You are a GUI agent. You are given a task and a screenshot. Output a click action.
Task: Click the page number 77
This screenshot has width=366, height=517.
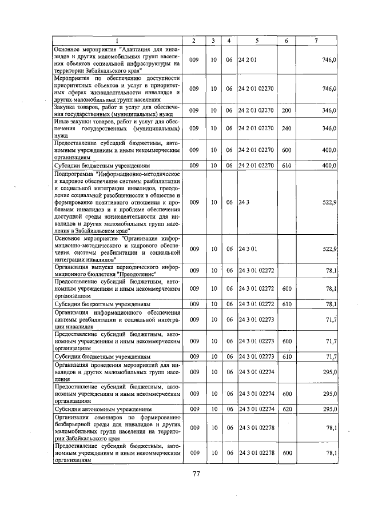(195, 474)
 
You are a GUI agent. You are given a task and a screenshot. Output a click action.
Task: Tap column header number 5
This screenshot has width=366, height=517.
(257, 40)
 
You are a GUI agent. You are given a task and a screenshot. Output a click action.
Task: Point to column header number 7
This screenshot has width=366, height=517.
(316, 40)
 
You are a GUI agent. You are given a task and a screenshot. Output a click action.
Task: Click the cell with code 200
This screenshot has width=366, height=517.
(287, 109)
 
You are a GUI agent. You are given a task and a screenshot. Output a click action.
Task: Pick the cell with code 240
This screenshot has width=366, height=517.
(287, 129)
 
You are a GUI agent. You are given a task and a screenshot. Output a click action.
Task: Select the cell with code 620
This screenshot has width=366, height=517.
(287, 410)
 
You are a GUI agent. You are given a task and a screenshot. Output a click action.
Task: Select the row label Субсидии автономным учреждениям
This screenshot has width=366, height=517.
(103, 410)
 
